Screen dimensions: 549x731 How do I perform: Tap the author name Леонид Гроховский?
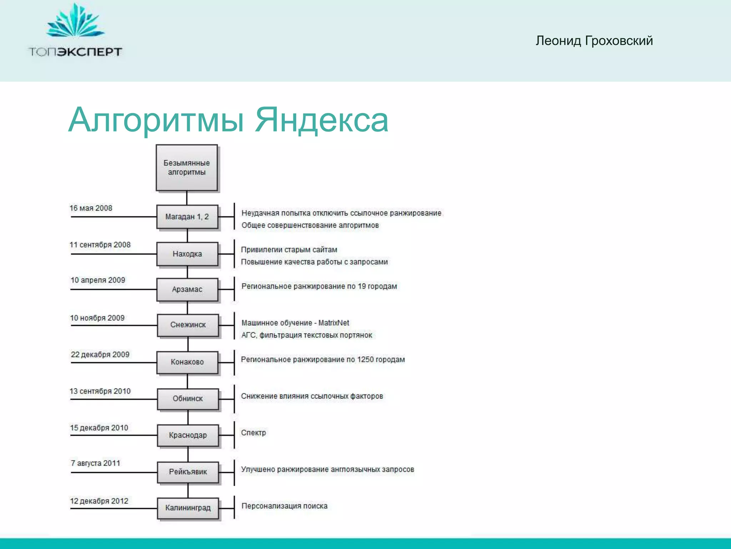pos(594,41)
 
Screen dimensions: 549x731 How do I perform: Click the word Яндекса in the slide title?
pos(321,120)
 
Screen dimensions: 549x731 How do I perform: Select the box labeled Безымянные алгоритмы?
pos(187,168)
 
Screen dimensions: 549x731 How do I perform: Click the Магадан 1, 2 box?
pos(187,217)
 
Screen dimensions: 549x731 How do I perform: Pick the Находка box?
pos(187,254)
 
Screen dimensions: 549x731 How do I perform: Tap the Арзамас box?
pos(187,289)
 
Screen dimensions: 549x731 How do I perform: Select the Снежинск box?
pos(188,325)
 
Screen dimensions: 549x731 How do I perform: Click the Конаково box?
pos(187,362)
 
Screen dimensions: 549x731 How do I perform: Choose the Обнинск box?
pos(188,399)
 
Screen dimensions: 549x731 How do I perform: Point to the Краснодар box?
pos(188,435)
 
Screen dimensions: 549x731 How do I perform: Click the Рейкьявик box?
pos(188,472)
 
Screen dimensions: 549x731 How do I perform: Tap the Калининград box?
pos(188,508)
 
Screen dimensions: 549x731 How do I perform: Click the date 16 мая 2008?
pos(91,208)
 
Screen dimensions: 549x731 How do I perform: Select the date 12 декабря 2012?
pos(99,501)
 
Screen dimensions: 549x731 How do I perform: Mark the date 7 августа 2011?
pos(95,463)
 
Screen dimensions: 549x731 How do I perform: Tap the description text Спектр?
pos(253,433)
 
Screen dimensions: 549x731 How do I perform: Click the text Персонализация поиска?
pos(284,506)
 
